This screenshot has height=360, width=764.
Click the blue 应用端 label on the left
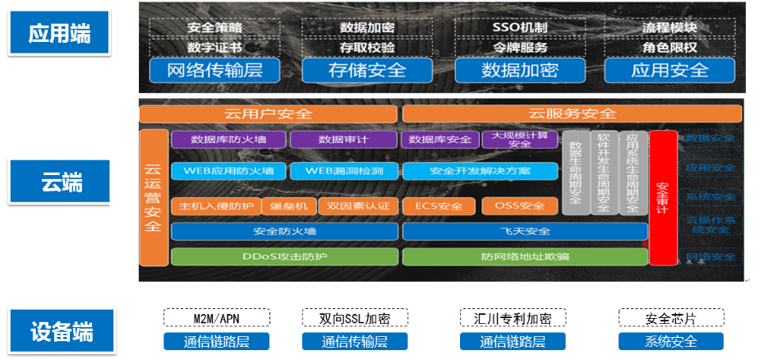[x=58, y=34]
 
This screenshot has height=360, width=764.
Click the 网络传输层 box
[x=214, y=70]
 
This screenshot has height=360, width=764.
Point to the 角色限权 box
[x=670, y=48]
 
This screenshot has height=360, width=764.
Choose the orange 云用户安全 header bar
[x=268, y=113]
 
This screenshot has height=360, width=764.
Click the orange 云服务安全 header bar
[x=573, y=113]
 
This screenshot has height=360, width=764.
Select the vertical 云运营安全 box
[x=153, y=197]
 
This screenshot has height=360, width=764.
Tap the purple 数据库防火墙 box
[x=228, y=139]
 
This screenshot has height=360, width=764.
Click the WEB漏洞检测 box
[x=344, y=171]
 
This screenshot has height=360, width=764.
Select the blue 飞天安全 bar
[x=525, y=232]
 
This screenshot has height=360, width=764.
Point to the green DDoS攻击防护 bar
[x=284, y=256]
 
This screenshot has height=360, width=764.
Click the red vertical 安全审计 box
[x=662, y=198]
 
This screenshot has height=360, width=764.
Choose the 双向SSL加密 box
[x=355, y=318]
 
